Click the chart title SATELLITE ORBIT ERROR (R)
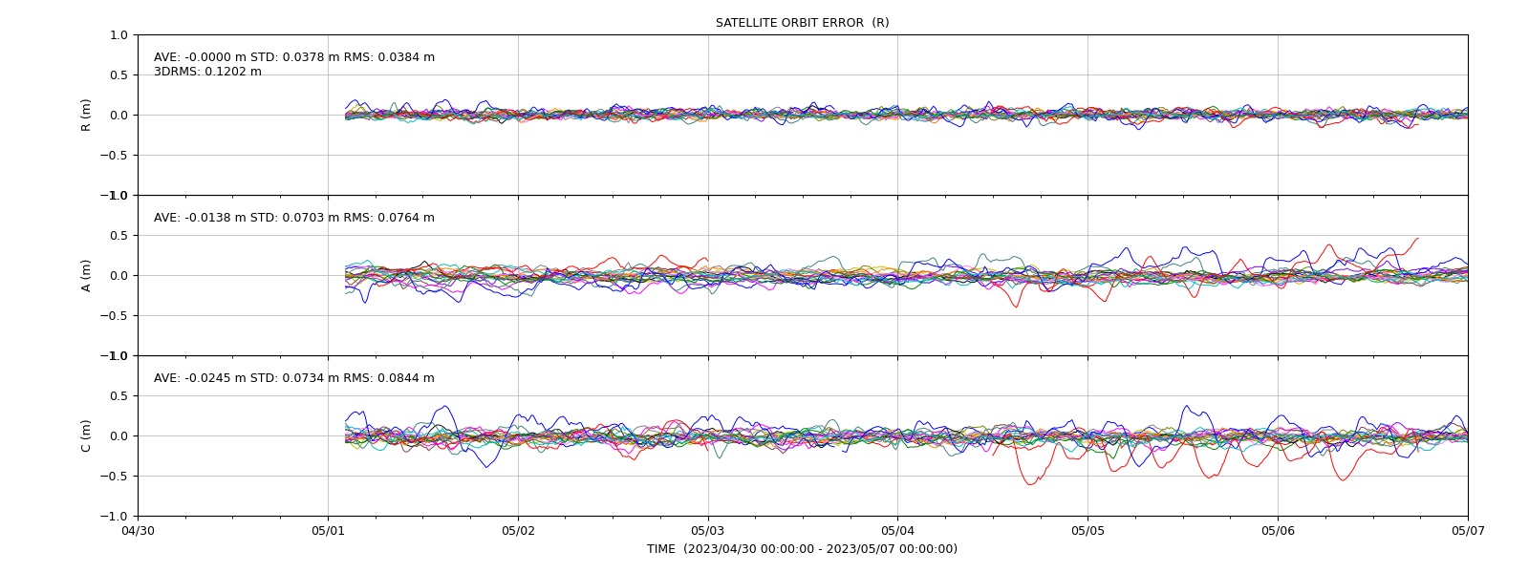[x=802, y=23]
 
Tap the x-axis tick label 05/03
[x=708, y=531]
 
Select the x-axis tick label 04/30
[x=138, y=531]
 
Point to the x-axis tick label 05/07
[x=1468, y=531]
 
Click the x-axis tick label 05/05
[x=1088, y=531]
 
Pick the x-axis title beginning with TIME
[x=802, y=549]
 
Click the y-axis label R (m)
[x=86, y=116]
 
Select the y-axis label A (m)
[x=86, y=276]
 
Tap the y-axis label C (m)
[x=86, y=435]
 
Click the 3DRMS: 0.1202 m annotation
[x=207, y=72]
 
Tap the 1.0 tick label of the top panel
[x=118, y=34]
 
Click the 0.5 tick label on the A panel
[x=118, y=235]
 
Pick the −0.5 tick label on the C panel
[x=114, y=477]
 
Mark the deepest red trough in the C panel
[x=1029, y=484]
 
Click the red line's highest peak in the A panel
[x=1418, y=238]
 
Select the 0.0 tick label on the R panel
[x=118, y=116]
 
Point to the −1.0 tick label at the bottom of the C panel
[x=114, y=517]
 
